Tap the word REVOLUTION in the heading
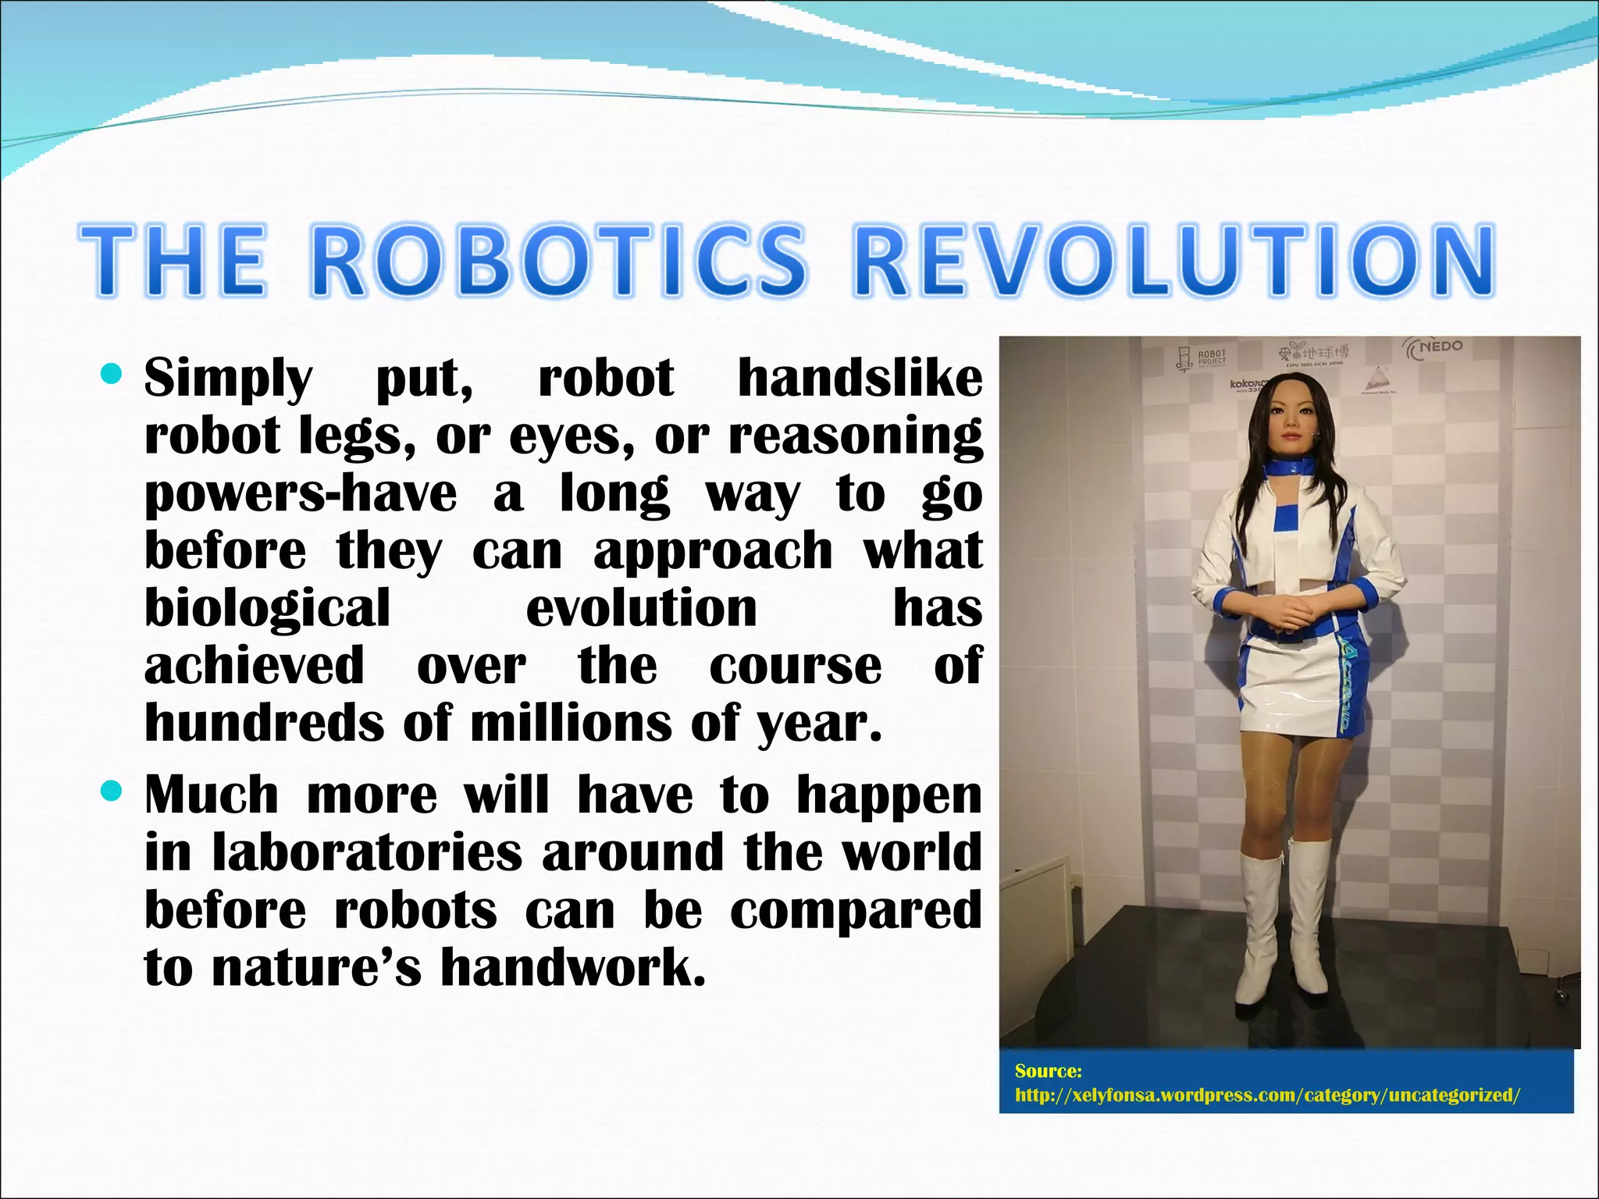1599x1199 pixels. coord(1173,262)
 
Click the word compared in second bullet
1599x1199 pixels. coord(856,910)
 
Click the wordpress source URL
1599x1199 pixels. coord(1267,1095)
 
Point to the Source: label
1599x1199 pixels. coord(1048,1071)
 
